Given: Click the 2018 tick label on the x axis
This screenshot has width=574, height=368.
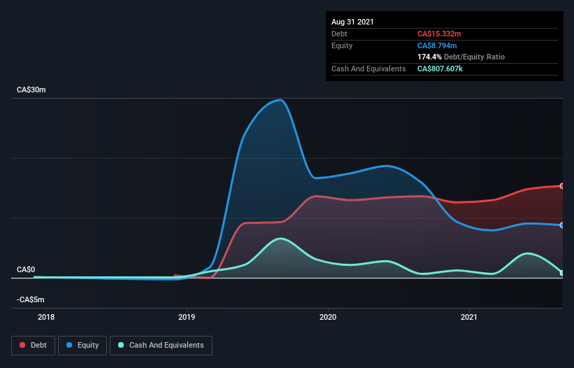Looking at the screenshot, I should [46, 318].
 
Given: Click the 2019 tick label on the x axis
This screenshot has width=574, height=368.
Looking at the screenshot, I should [187, 318].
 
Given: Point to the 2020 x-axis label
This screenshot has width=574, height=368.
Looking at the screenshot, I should [328, 318].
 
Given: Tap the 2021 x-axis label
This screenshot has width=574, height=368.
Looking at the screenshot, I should [470, 318].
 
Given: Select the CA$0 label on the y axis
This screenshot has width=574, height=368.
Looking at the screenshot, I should [26, 269].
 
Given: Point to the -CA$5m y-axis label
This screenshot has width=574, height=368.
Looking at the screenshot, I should [31, 299].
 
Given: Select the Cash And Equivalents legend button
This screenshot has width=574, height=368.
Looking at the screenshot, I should [161, 345].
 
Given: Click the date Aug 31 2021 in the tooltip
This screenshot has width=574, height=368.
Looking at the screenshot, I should [352, 22].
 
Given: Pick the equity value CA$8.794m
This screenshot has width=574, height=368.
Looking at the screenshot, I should [438, 45].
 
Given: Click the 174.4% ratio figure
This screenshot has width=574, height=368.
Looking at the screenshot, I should [429, 57].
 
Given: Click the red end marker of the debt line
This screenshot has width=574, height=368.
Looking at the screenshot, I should [562, 185].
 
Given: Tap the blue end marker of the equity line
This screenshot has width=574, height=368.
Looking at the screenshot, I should [562, 225].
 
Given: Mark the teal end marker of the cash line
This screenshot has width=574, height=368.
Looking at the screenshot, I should [562, 273].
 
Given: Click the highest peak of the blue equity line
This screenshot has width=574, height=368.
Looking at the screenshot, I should [280, 99].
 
